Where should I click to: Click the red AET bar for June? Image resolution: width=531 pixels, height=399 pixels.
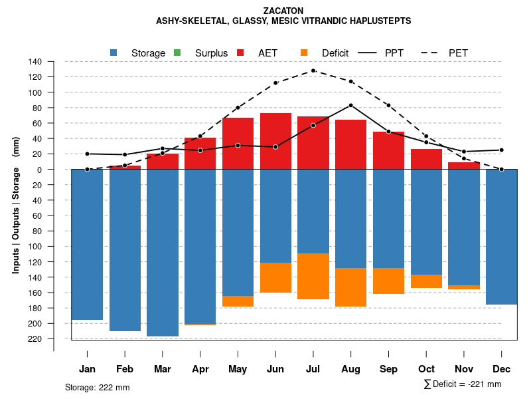(x=275, y=141)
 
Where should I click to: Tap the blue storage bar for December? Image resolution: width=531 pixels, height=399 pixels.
(x=501, y=237)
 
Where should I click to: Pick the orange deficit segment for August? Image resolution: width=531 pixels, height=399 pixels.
(x=351, y=287)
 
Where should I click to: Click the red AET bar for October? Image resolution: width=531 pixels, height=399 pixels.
(x=427, y=160)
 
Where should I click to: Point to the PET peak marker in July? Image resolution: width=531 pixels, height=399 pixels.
(x=313, y=70)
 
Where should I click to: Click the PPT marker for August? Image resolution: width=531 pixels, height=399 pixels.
(x=351, y=105)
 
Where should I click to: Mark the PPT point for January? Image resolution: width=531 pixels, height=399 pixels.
(x=87, y=154)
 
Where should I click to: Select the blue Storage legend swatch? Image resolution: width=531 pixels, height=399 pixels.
(x=114, y=53)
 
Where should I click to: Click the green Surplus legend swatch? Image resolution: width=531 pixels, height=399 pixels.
(x=177, y=53)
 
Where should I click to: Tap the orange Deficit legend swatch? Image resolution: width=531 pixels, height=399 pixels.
(x=304, y=53)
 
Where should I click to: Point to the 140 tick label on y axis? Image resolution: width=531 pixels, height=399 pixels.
(x=35, y=62)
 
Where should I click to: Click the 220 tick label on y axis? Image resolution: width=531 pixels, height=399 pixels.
(x=35, y=339)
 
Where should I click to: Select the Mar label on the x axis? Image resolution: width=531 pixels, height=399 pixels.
(x=163, y=369)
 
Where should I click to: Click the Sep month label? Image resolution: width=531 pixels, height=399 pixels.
(x=389, y=369)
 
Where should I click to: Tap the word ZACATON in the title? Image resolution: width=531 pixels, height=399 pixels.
(x=283, y=11)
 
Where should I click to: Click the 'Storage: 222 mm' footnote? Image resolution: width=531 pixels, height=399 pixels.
(x=98, y=387)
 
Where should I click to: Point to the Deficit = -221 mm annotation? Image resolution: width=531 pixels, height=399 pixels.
(x=462, y=384)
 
